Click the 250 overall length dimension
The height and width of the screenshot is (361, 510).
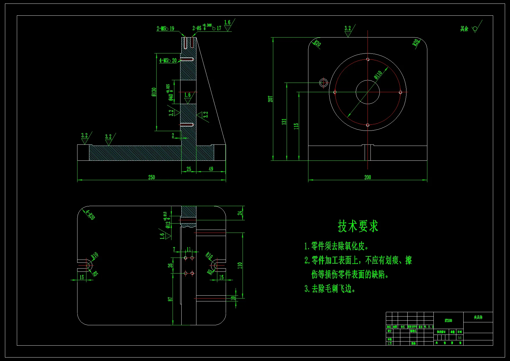tap(151, 177)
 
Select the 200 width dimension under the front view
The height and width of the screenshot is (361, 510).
tap(368, 177)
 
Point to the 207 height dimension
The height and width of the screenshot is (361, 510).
tap(270, 99)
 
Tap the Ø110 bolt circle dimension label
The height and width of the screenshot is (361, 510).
tap(378, 75)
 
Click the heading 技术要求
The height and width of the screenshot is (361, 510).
tap(358, 226)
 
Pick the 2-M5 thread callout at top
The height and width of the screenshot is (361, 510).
tap(165, 28)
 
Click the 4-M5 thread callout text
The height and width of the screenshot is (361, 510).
tap(168, 60)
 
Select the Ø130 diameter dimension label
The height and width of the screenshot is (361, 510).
tap(154, 92)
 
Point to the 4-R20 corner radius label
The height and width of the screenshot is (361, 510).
tap(91, 215)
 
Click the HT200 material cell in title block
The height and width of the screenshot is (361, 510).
tap(448, 320)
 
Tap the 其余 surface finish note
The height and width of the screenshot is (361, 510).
tap(464, 29)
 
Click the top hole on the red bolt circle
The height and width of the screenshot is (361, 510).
tap(368, 60)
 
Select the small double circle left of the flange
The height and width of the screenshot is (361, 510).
tap(323, 83)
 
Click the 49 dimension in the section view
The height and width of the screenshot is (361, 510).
tap(211, 169)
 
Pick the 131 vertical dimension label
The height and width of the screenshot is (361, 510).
tap(284, 121)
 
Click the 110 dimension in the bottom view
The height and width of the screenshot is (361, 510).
tap(240, 265)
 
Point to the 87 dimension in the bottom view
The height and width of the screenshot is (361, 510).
tap(170, 299)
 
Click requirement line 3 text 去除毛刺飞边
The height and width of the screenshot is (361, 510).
tap(330, 289)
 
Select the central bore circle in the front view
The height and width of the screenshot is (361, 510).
tap(368, 92)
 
